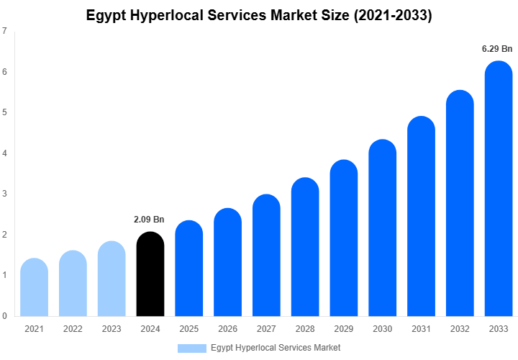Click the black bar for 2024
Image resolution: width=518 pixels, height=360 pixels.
(x=150, y=277)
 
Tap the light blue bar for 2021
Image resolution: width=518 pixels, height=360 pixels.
(x=34, y=288)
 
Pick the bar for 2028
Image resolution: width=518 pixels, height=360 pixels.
(x=305, y=248)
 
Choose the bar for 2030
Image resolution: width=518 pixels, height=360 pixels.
(x=382, y=230)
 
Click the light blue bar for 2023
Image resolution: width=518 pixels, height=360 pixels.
(x=112, y=281)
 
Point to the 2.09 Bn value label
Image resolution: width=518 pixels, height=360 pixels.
(x=150, y=220)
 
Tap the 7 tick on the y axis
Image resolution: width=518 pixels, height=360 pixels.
(x=5, y=31)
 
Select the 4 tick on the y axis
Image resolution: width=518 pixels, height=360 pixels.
(x=5, y=153)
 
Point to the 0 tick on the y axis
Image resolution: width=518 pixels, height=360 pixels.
(x=5, y=316)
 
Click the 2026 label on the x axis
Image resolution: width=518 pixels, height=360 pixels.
(x=227, y=329)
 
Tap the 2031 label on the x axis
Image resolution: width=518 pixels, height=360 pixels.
(x=421, y=329)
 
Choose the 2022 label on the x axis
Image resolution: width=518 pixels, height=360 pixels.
(x=73, y=329)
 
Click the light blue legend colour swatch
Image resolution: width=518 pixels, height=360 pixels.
(x=191, y=348)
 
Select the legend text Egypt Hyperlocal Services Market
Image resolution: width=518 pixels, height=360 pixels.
(x=276, y=348)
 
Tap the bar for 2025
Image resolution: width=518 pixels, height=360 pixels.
(x=188, y=270)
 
